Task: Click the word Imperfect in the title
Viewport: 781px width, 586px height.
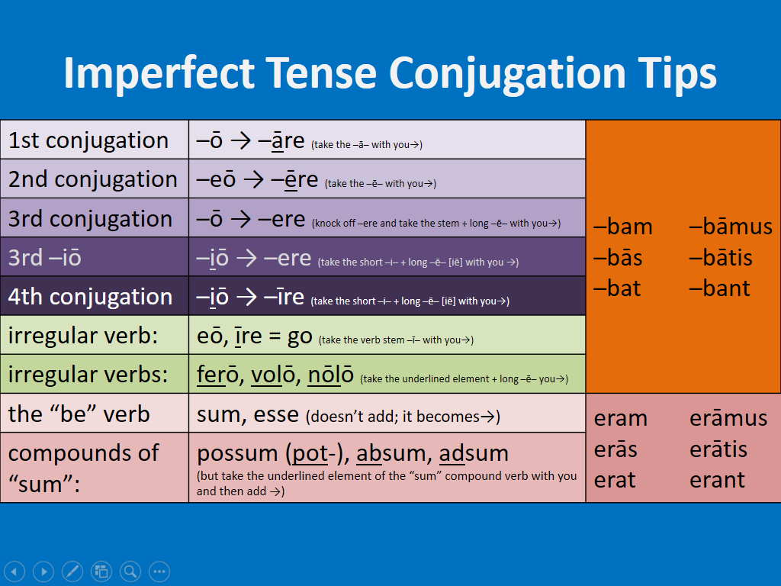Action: tap(159, 74)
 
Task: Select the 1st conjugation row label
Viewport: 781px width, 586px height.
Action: tap(88, 140)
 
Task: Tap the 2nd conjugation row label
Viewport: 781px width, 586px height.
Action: tap(92, 179)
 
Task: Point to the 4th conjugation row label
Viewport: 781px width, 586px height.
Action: tap(90, 297)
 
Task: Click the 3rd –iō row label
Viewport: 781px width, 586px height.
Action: tap(44, 258)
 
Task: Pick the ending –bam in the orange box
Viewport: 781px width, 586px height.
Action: tap(622, 227)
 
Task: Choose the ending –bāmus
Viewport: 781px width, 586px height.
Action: tap(730, 227)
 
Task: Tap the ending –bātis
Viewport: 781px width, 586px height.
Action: tap(720, 258)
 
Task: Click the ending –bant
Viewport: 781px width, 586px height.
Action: tap(719, 288)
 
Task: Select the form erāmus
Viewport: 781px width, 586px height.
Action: tap(728, 418)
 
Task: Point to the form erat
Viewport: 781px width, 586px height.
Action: tap(615, 481)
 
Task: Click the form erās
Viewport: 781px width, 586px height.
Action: tap(615, 449)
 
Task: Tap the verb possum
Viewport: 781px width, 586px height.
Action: tap(237, 454)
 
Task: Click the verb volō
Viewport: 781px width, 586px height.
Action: tap(273, 375)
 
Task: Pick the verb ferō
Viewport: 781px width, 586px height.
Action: tap(217, 375)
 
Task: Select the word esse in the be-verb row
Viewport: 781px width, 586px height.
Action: tap(276, 415)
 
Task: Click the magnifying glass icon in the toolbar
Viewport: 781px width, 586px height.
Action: tap(130, 571)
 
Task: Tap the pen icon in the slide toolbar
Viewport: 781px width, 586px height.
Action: tap(72, 571)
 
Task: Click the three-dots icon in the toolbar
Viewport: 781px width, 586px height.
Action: tap(159, 571)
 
